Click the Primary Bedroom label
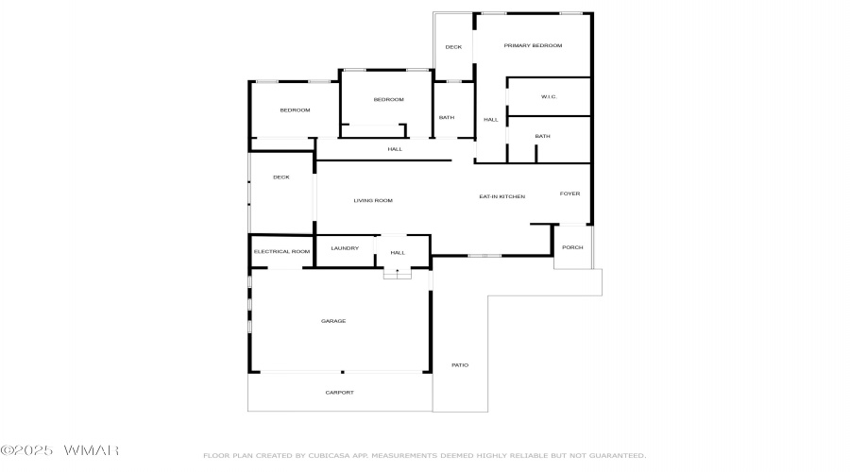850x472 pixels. [533, 45]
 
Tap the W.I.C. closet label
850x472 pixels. [549, 97]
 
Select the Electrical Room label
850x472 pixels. [281, 251]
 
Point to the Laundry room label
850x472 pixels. [345, 248]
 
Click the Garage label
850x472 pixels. [333, 321]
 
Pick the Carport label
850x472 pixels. [339, 393]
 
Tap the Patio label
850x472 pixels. [460, 365]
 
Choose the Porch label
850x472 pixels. [572, 247]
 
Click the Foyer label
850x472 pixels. [569, 194]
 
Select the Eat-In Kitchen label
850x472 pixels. [502, 196]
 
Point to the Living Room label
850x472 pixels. [373, 200]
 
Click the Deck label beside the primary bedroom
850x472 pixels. [453, 47]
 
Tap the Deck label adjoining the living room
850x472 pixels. [281, 177]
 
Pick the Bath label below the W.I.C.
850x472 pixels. [543, 137]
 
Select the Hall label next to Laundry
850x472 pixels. [398, 253]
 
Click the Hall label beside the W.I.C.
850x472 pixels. [491, 120]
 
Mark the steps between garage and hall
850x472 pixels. [398, 274]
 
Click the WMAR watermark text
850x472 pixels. [91, 450]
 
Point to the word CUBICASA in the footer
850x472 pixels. [329, 456]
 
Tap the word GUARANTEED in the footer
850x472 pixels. [618, 456]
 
